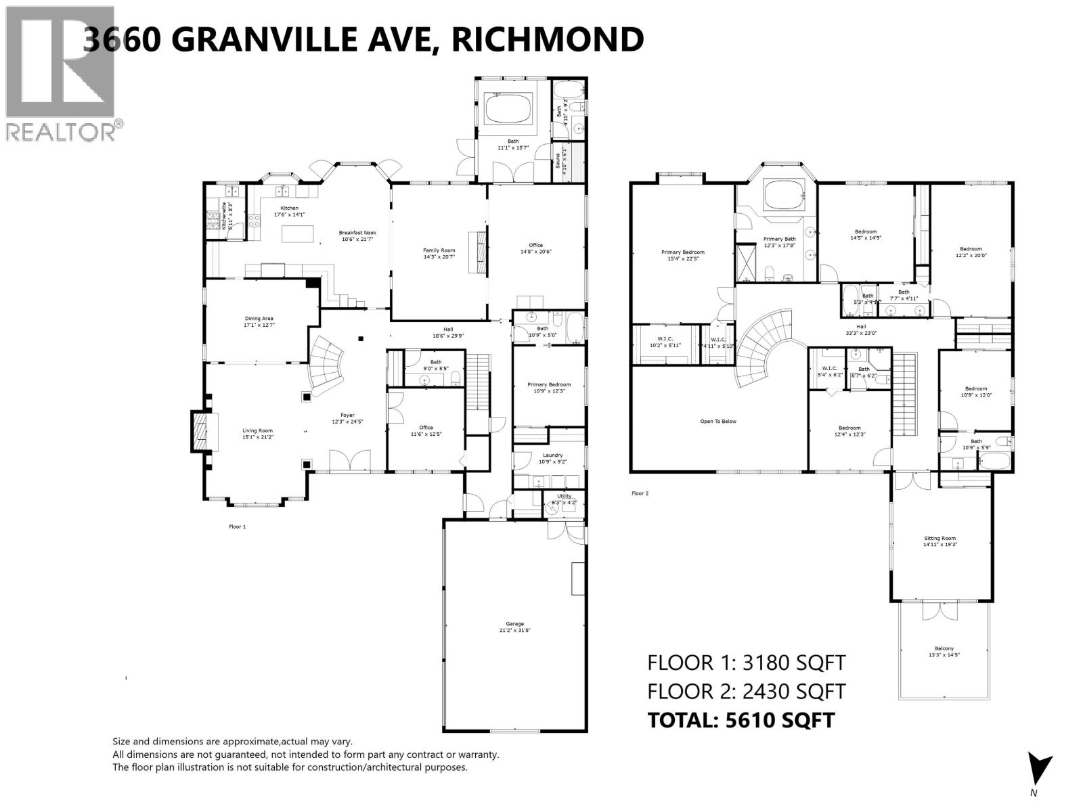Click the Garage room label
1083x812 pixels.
514,627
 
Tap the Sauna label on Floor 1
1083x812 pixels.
559,160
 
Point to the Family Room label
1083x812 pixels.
439,254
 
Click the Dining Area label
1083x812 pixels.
259,321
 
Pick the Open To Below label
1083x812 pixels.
718,422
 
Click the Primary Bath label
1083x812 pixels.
779,242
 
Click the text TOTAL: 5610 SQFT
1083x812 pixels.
741,720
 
